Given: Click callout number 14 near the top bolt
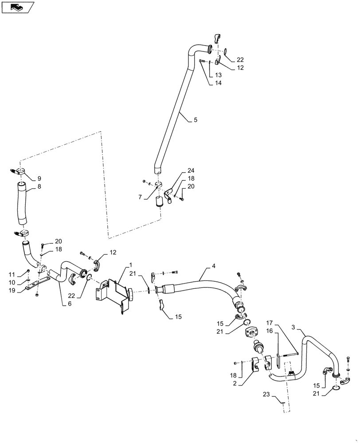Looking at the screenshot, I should point(219,83).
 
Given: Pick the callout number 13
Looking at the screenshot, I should point(219,75).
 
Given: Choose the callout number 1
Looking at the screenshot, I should point(131,265).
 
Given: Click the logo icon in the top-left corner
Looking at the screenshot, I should point(16,7).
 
